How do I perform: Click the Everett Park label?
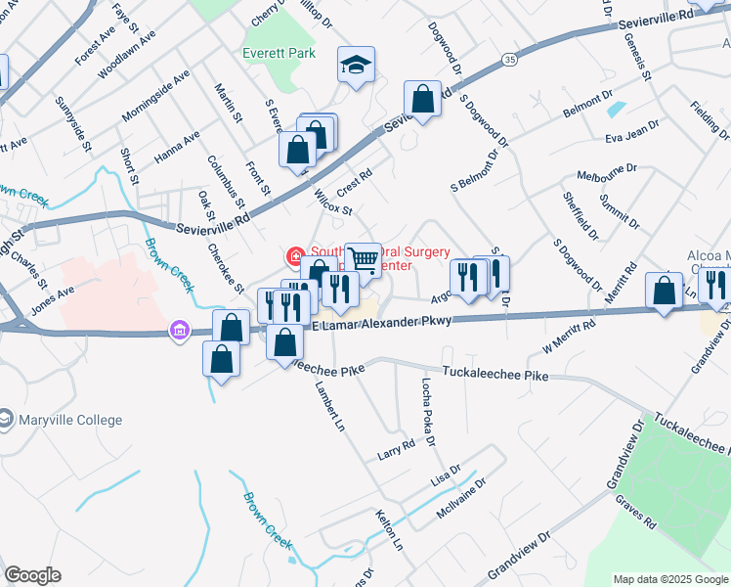(x=279, y=53)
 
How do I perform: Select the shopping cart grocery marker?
(x=363, y=260)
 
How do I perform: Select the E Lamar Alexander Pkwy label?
(x=381, y=324)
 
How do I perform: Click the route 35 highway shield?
(x=510, y=60)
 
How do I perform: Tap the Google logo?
(x=32, y=575)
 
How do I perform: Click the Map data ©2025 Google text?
(x=670, y=579)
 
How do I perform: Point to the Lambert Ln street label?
(x=328, y=406)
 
